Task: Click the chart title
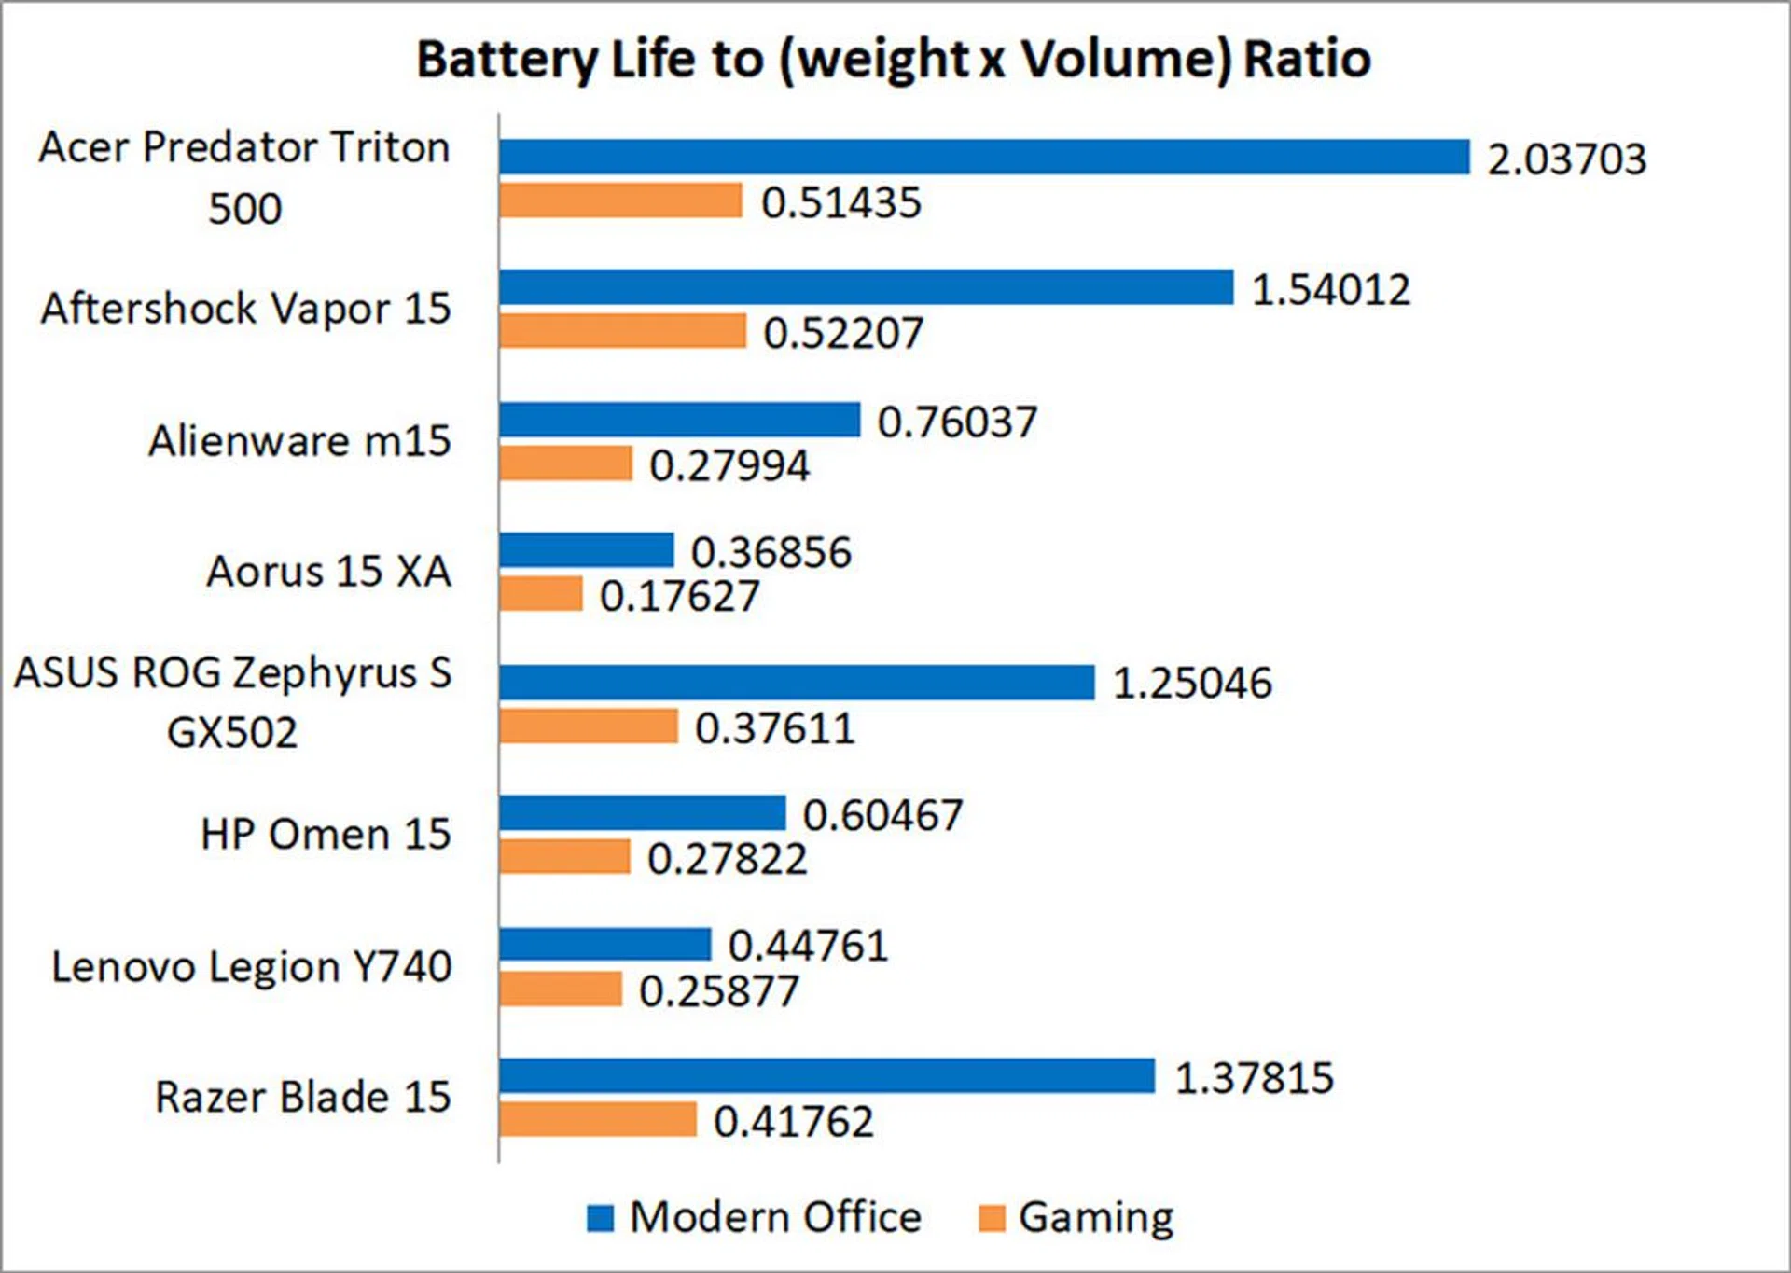893,60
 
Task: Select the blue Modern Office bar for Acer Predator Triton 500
984,157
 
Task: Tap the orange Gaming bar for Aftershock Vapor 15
622,331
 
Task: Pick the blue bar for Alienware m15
679,420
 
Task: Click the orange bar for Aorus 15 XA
541,594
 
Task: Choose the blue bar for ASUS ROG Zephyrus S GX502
797,683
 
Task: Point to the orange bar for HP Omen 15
564,857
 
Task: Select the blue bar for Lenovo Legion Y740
604,945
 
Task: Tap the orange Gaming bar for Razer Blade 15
598,1119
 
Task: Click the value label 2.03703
1566,159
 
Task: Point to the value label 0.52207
843,333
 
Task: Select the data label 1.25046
1192,684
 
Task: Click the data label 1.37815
1254,1078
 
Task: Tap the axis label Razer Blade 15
302,1097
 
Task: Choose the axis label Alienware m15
299,440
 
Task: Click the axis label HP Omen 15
326,834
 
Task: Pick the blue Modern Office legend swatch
601,1218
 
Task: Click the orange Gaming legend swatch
992,1218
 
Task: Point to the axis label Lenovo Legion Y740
252,966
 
